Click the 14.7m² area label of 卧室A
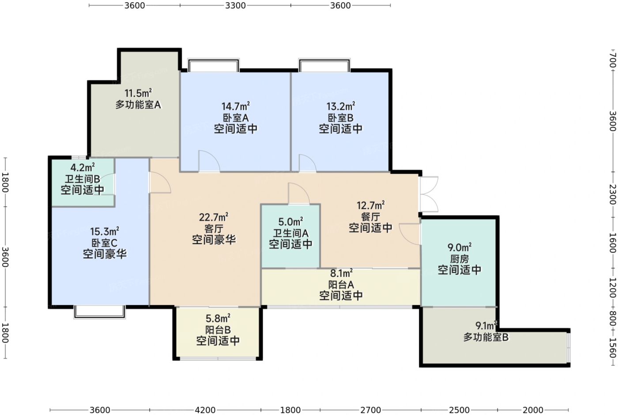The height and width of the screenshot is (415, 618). pos(236,106)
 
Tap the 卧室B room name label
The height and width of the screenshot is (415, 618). pos(340,118)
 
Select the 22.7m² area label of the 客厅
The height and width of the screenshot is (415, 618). pos(214,217)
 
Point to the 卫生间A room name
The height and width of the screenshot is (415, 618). pos(290,234)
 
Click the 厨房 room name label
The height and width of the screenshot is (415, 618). pos(460,259)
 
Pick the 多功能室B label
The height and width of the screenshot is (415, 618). pos(486,337)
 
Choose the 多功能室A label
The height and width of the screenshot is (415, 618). pos(138,105)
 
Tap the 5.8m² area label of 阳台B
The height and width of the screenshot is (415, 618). pos(218,319)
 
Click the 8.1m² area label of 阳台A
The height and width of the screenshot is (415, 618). pos(341,273)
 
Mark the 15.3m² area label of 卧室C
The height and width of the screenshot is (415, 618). pos(105,231)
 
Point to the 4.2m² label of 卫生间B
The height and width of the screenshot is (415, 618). pos(83,167)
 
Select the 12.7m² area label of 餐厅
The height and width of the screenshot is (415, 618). pos(370,206)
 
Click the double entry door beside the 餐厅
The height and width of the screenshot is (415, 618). pos(429,194)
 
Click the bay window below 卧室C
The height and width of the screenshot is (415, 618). pos(100,312)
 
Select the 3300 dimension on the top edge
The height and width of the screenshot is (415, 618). pos(235,5)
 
